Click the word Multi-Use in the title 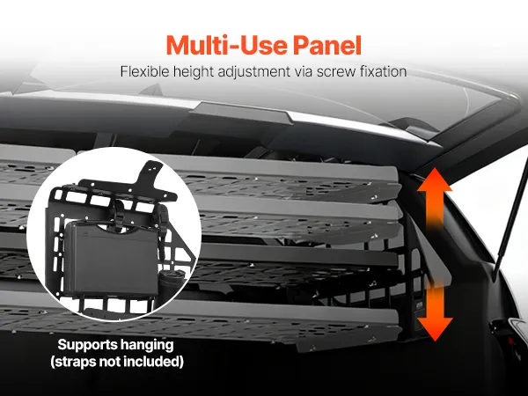(227, 45)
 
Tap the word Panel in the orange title (327, 45)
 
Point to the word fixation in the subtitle (384, 71)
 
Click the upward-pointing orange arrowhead (435, 180)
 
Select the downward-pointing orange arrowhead (435, 329)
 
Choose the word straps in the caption (73, 362)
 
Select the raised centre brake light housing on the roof (241, 112)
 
